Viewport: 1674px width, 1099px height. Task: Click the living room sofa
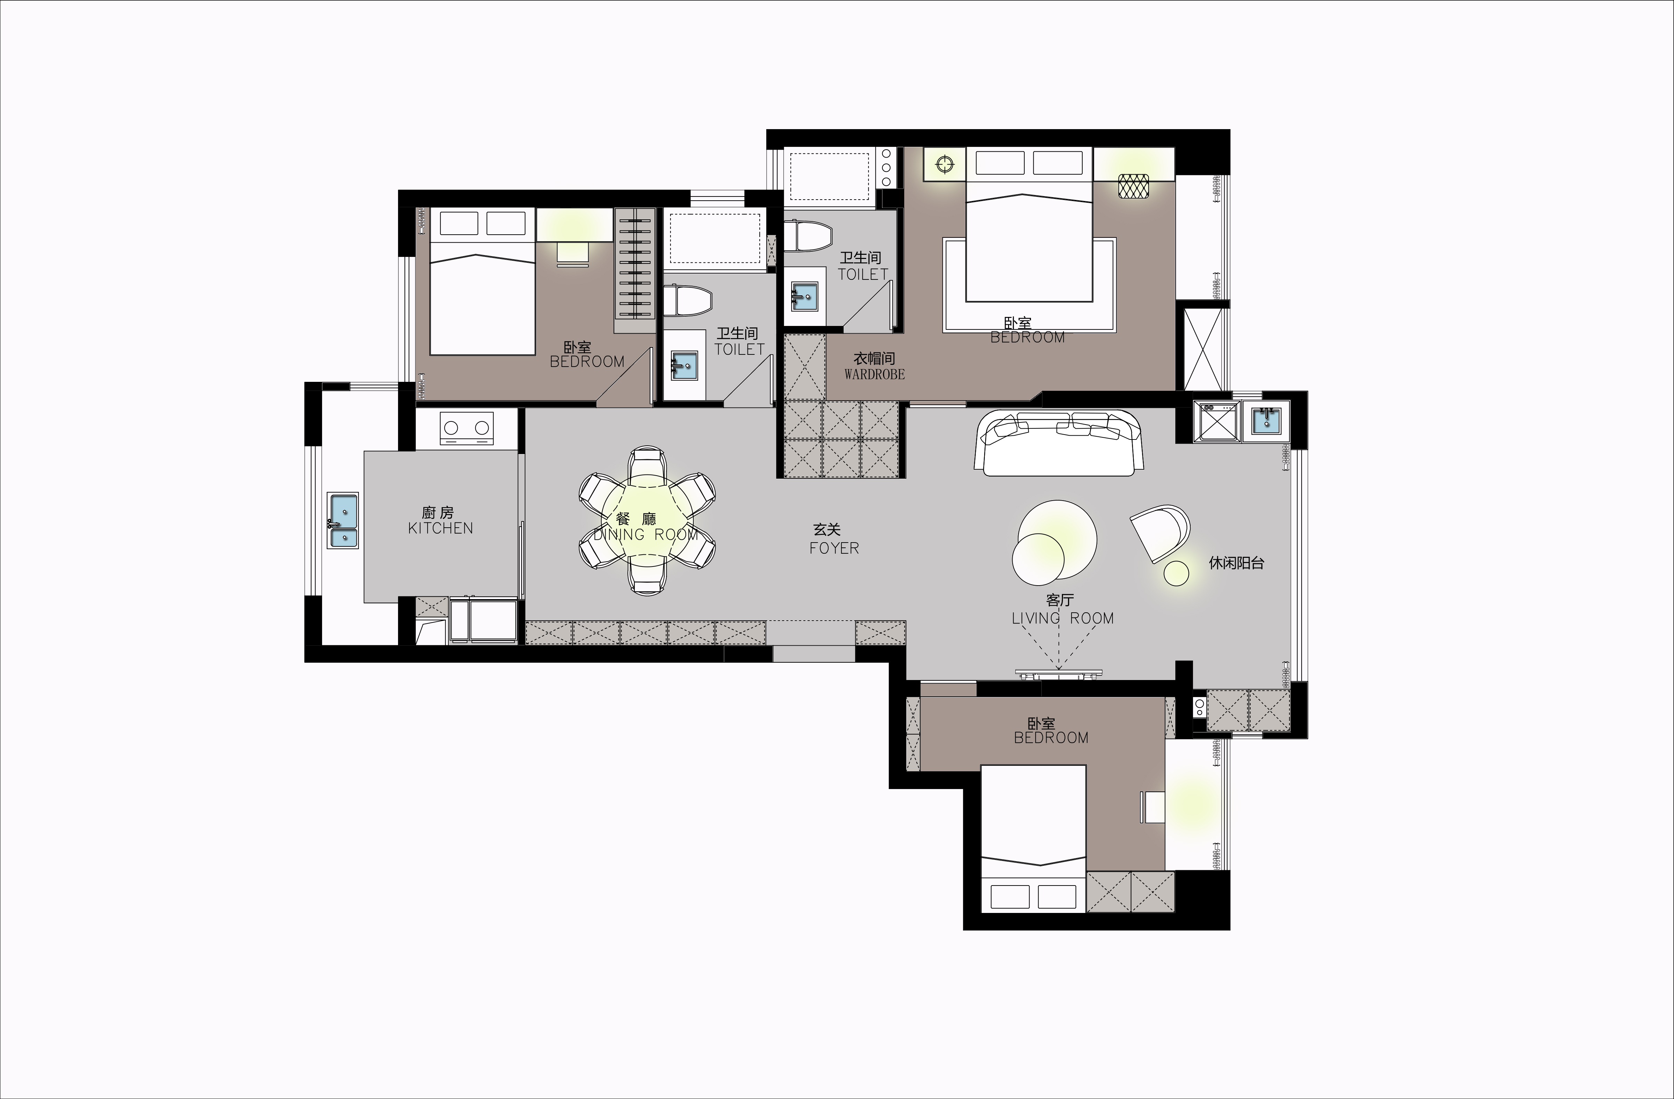tap(1058, 443)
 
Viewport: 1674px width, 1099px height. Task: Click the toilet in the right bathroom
tap(809, 236)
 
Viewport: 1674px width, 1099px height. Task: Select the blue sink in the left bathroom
tap(684, 365)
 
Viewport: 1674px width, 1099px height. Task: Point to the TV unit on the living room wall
tap(1058, 674)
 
